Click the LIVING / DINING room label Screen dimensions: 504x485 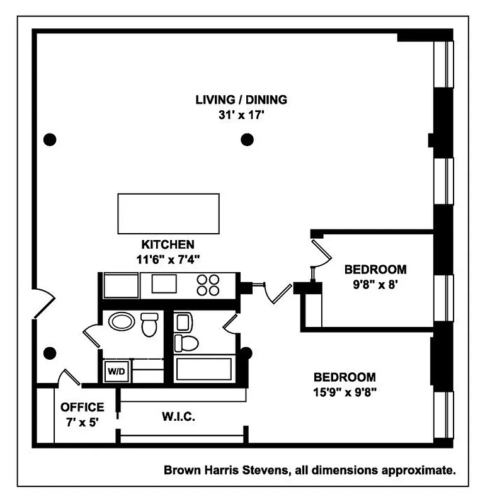[x=241, y=100]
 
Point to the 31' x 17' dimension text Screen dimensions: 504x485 [x=241, y=115]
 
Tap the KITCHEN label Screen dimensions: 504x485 [x=168, y=244]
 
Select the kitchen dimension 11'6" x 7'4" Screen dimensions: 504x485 [x=168, y=258]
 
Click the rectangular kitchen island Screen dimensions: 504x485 [x=169, y=214]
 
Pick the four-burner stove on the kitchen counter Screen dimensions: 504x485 [x=208, y=285]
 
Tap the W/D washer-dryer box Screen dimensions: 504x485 [x=116, y=370]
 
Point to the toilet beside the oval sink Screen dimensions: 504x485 [x=149, y=325]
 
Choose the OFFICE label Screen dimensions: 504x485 [x=83, y=408]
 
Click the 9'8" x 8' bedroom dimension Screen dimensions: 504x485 [x=375, y=283]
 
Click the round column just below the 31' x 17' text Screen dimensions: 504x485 [x=248, y=139]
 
